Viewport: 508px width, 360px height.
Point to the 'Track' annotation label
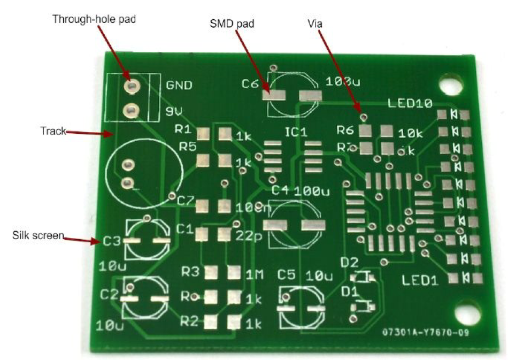coord(52,131)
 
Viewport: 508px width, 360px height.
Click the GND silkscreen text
coord(179,86)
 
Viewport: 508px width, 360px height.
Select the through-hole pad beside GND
coord(130,86)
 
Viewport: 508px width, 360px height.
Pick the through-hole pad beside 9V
coord(130,111)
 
